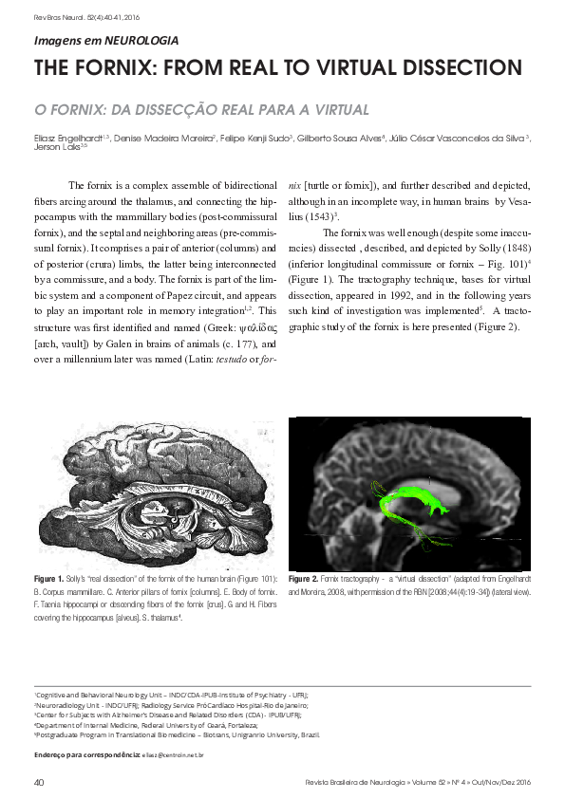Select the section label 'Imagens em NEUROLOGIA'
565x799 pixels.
[105, 41]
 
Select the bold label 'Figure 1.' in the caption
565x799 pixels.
[48, 577]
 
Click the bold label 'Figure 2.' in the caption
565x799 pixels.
[305, 578]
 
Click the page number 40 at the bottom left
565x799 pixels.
[39, 781]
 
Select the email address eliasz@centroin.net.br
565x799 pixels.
[173, 754]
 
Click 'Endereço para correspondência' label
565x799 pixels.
[86, 754]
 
